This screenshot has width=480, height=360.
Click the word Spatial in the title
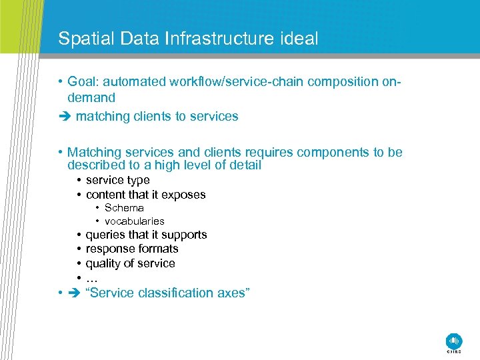coord(79,39)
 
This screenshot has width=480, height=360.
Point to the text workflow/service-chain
coord(227,82)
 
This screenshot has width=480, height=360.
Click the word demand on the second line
coord(91,97)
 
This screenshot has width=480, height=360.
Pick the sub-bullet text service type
coord(117,180)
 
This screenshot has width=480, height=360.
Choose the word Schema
coord(124,208)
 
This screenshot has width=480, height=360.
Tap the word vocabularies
coord(134,221)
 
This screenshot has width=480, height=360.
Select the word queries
coord(105,235)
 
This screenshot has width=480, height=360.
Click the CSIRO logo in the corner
coord(453,341)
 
